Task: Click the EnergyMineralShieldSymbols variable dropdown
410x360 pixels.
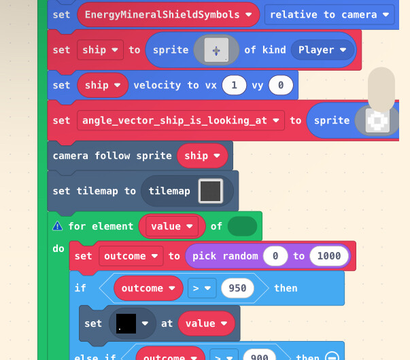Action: pyautogui.click(x=168, y=15)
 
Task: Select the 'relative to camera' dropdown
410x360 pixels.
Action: pyautogui.click(x=329, y=15)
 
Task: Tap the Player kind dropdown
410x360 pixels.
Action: pyautogui.click(x=322, y=50)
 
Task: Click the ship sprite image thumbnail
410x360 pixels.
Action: pyautogui.click(x=216, y=50)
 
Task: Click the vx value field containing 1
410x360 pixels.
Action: pyautogui.click(x=234, y=85)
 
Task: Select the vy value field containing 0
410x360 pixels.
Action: pyautogui.click(x=281, y=85)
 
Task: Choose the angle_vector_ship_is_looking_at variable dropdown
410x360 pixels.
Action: pyautogui.click(x=181, y=120)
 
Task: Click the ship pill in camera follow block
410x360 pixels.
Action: pyautogui.click(x=202, y=156)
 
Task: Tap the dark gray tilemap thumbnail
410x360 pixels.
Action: pyautogui.click(x=211, y=191)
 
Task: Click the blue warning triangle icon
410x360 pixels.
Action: pyautogui.click(x=58, y=226)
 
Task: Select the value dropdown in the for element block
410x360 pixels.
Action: pyautogui.click(x=172, y=226)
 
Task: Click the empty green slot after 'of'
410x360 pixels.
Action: pyautogui.click(x=242, y=226)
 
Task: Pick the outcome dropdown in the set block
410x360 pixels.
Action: pyautogui.click(x=131, y=256)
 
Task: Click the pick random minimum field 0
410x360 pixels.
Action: pyautogui.click(x=275, y=256)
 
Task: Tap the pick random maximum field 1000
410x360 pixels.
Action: pyautogui.click(x=329, y=256)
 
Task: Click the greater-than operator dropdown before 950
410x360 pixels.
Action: pyautogui.click(x=202, y=288)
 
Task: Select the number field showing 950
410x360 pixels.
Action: pyautogui.click(x=237, y=288)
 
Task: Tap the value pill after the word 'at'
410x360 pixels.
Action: pyautogui.click(x=206, y=323)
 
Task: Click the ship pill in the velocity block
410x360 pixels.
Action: pyautogui.click(x=103, y=85)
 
